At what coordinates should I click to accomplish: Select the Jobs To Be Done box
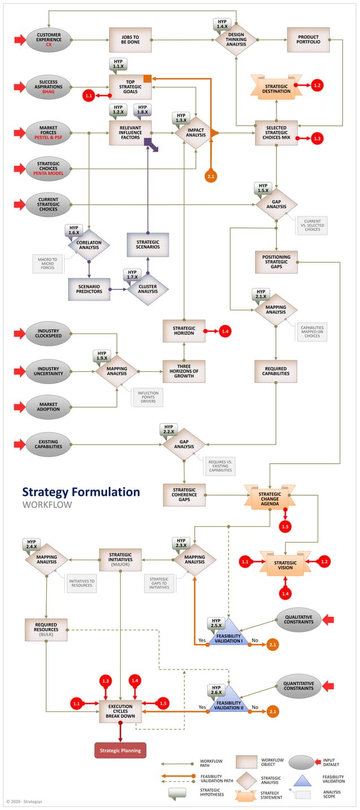tap(130, 40)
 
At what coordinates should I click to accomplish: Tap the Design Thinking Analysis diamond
tap(236, 40)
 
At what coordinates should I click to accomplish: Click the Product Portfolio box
tap(308, 40)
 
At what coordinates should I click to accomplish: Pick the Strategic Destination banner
tap(276, 88)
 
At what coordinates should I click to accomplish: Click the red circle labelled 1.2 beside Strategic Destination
tap(317, 85)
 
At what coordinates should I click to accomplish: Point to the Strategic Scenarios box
tap(148, 244)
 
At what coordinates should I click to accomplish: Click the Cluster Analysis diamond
tap(148, 289)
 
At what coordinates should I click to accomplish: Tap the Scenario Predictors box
tap(89, 289)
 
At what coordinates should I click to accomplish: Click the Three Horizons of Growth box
tap(184, 372)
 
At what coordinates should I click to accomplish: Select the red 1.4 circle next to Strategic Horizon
tap(225, 331)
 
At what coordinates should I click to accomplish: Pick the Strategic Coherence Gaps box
tap(184, 495)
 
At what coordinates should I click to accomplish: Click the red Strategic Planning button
tap(120, 750)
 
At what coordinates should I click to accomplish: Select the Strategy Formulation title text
tap(81, 492)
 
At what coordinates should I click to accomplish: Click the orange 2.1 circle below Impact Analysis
tap(211, 177)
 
